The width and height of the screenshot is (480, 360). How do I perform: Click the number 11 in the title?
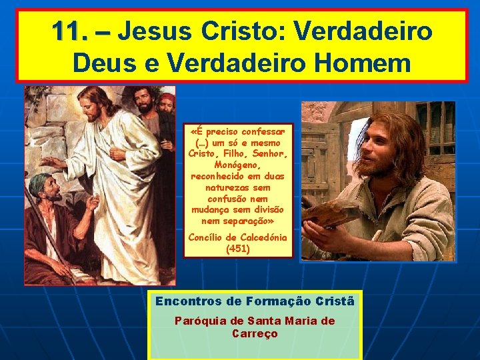tap(69, 31)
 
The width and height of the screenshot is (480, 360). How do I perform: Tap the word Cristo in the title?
tap(241, 31)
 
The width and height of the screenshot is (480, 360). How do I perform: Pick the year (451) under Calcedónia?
tap(238, 249)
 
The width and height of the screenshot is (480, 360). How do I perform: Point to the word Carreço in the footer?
tap(255, 333)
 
